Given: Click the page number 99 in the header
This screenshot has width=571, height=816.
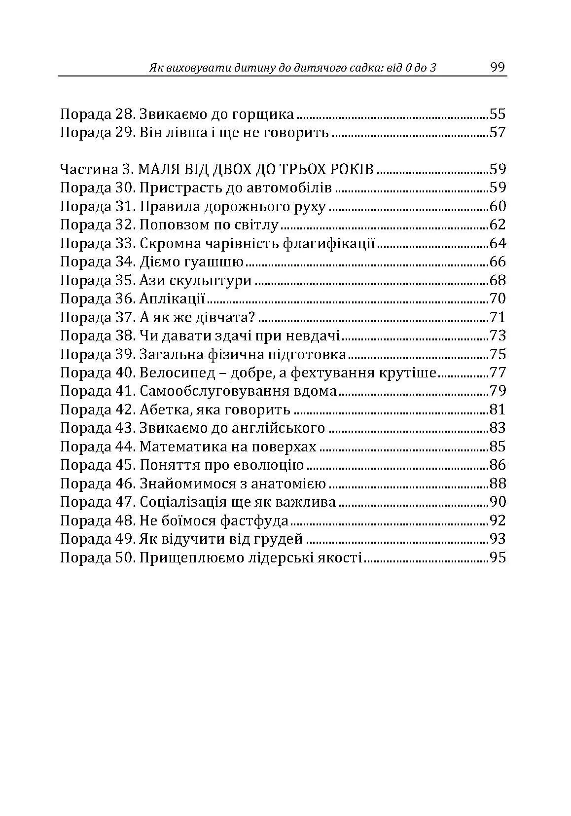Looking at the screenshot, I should (x=498, y=67).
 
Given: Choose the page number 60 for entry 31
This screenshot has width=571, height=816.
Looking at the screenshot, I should (x=498, y=207).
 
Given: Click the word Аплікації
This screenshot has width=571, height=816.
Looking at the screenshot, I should (x=173, y=299).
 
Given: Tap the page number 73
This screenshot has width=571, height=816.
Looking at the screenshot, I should (x=498, y=336).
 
